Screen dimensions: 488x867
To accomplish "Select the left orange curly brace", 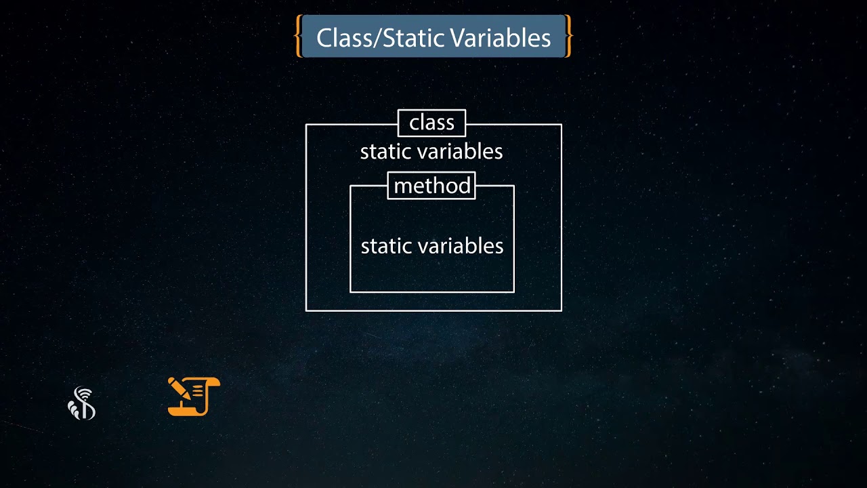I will point(298,37).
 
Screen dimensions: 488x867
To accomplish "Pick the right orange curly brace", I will point(568,37).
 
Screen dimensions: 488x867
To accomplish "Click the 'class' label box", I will point(431,123).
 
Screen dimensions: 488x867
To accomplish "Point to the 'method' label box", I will point(431,186).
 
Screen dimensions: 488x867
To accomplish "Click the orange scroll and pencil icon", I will point(194,396).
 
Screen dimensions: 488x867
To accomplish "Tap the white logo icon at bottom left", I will point(82,403).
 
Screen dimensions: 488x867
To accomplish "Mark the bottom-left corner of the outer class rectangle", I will point(306,310).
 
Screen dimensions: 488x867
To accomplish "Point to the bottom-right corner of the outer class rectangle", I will point(562,310).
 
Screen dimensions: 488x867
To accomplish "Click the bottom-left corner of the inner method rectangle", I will point(350,292).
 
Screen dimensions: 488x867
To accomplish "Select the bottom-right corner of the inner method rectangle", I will point(514,292).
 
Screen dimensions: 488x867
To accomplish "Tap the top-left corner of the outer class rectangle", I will point(306,125).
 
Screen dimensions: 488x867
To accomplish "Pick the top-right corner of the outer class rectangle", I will point(562,125).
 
